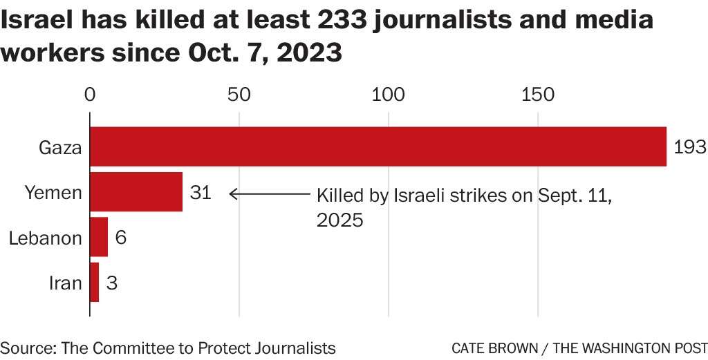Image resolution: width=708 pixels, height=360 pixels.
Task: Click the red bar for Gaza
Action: (x=378, y=146)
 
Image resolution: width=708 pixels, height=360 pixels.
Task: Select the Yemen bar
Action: (x=136, y=192)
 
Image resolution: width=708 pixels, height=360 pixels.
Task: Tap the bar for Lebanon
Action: (x=99, y=237)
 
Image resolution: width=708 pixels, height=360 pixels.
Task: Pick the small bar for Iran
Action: (x=95, y=282)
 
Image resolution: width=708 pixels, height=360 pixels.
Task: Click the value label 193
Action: (x=689, y=147)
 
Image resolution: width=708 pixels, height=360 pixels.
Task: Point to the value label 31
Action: (x=200, y=193)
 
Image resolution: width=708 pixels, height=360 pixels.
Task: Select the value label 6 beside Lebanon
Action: (x=120, y=238)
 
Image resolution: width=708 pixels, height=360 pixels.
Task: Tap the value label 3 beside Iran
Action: (x=112, y=283)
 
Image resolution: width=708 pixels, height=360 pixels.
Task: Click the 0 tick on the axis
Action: (x=90, y=95)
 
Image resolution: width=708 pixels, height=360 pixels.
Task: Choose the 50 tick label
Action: (x=239, y=95)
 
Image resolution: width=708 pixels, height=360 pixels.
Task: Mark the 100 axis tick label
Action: (x=389, y=95)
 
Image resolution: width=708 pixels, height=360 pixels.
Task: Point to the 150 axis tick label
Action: (x=538, y=95)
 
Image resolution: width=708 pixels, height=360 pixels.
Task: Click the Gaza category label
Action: (x=61, y=148)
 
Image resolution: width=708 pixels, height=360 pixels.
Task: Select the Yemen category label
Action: (x=53, y=193)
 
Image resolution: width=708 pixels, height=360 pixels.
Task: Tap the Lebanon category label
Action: (x=46, y=238)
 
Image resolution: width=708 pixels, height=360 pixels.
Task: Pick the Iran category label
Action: (x=66, y=283)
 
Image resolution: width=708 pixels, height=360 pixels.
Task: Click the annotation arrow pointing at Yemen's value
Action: (x=270, y=194)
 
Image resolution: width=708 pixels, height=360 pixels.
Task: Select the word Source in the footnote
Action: (x=26, y=348)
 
